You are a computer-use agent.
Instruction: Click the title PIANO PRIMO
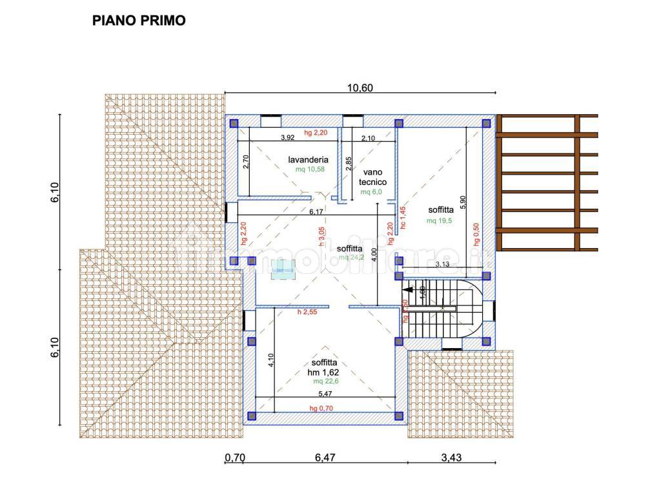(x=139, y=21)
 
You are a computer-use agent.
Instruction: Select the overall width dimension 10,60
(x=360, y=88)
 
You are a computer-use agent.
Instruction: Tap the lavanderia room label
(x=309, y=159)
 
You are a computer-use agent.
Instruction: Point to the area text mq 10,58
(x=308, y=170)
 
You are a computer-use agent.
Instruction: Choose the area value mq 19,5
(x=440, y=220)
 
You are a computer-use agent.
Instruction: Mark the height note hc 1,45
(x=403, y=218)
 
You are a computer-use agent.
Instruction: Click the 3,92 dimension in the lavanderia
(x=288, y=137)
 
